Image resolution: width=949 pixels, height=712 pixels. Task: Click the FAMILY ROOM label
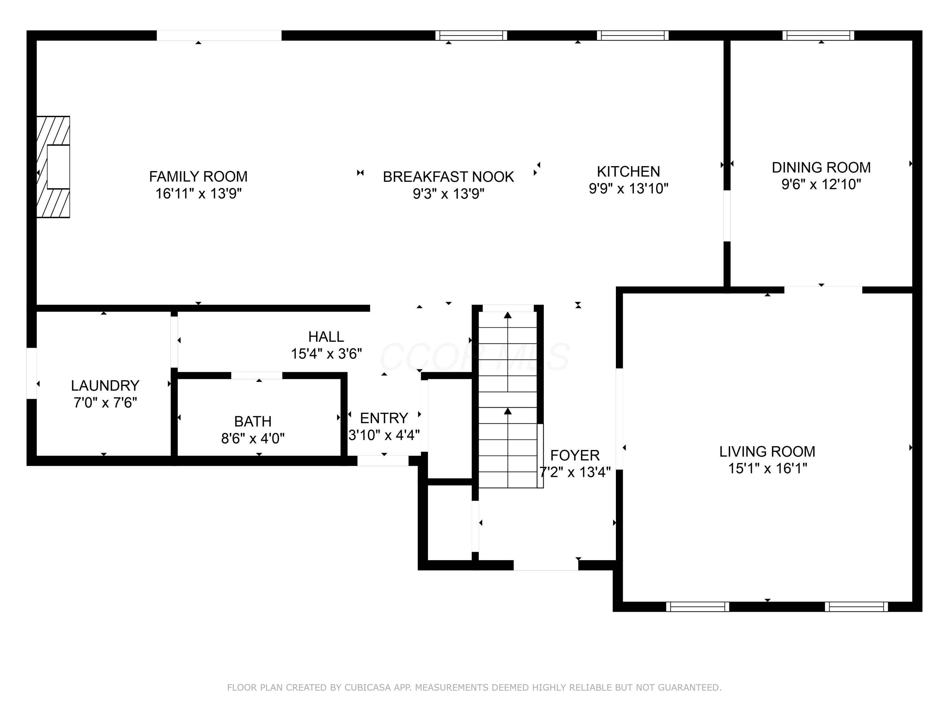pos(198,176)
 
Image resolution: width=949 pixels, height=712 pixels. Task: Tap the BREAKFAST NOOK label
pos(448,177)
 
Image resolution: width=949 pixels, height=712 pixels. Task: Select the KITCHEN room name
pos(628,172)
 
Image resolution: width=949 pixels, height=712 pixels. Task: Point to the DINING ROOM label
pos(821,167)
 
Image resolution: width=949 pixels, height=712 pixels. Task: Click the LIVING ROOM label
pos(767,452)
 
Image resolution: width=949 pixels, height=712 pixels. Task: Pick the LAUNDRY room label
pos(105,386)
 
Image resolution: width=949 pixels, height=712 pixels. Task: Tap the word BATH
pos(253,422)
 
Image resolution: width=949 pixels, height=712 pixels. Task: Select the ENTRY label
pos(384,418)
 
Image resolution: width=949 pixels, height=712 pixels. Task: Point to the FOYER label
pos(575,455)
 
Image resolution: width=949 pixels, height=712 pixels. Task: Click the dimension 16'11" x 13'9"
pos(198,194)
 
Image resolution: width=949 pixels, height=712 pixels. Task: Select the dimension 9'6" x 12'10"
pos(821,184)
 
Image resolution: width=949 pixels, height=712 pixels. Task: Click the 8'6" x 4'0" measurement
pos(253,439)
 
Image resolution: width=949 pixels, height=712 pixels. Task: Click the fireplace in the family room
pos(53,167)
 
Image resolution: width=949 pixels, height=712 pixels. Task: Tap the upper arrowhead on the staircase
pos(507,315)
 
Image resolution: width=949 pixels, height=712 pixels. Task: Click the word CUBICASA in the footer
pos(367,688)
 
